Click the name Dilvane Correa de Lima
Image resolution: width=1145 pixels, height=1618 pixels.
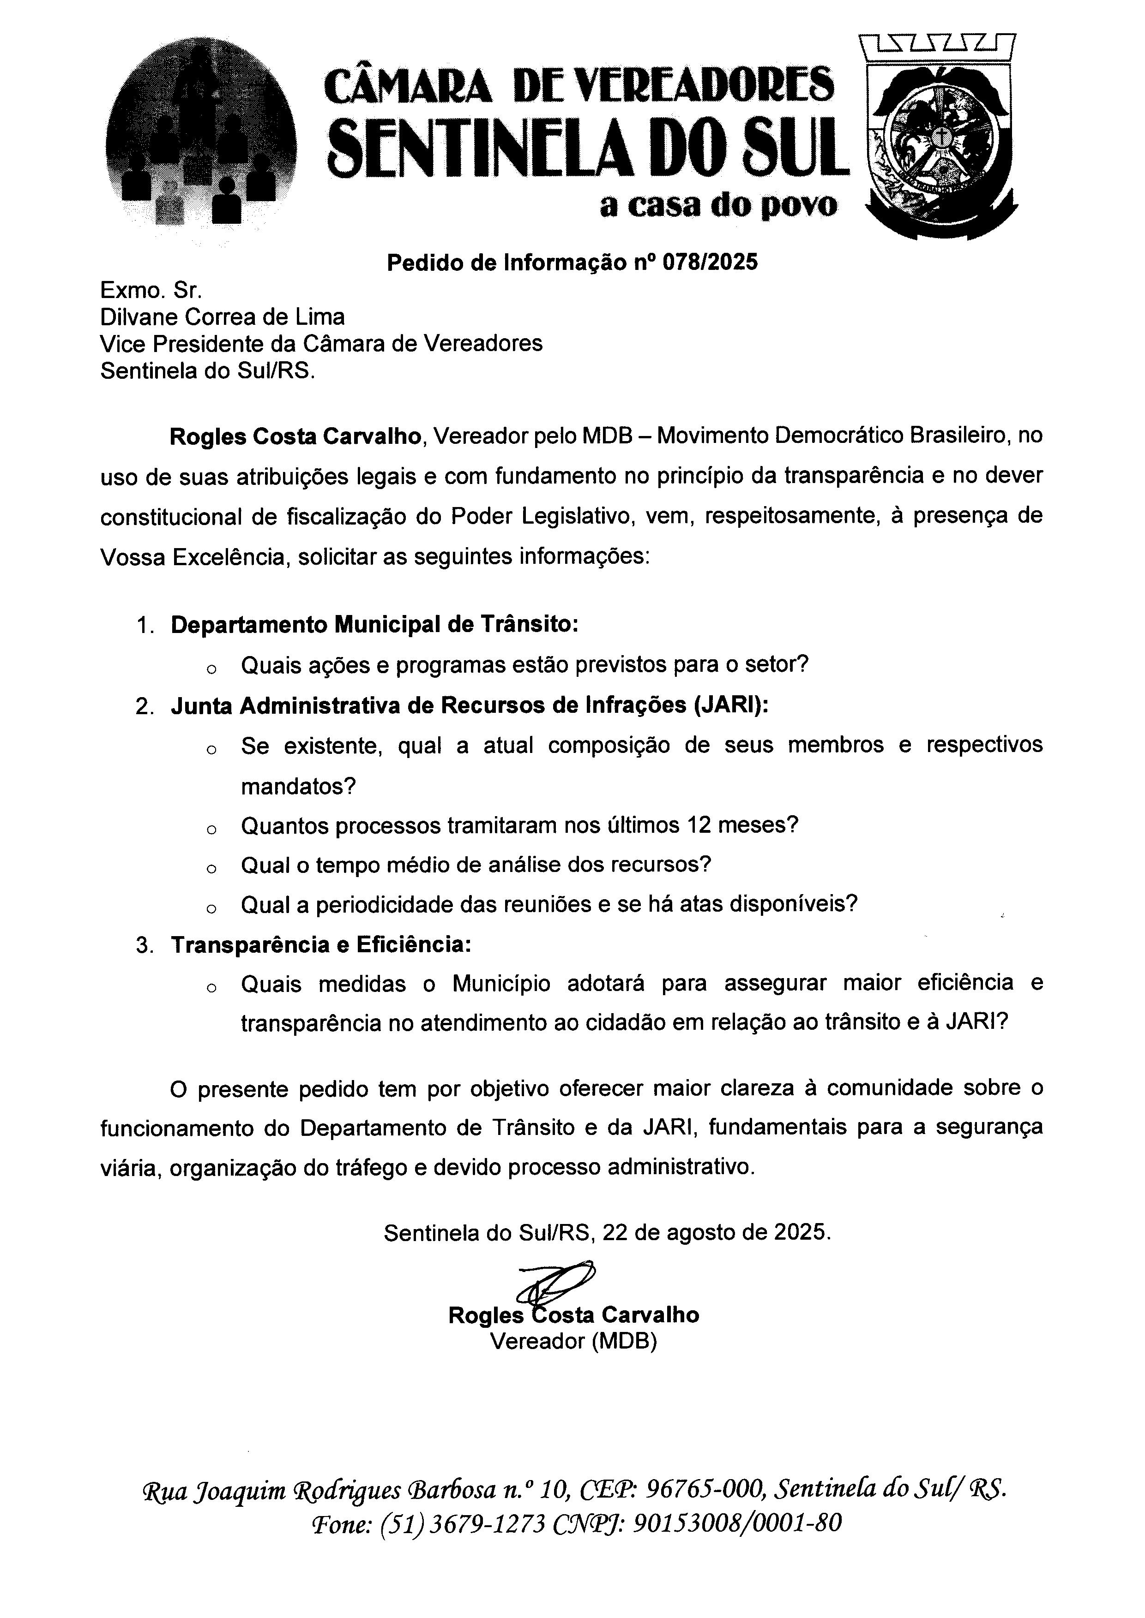tap(222, 317)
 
